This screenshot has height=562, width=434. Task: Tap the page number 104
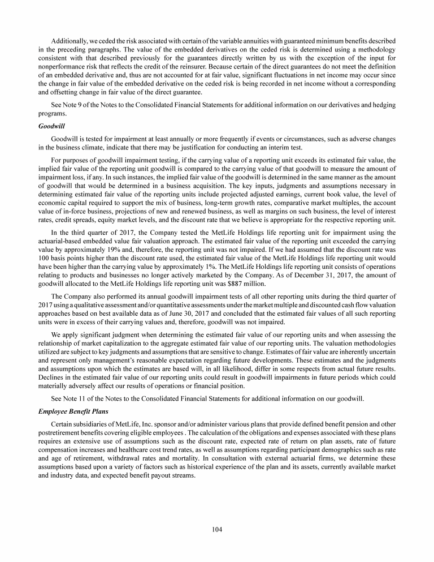[x=217, y=529]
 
